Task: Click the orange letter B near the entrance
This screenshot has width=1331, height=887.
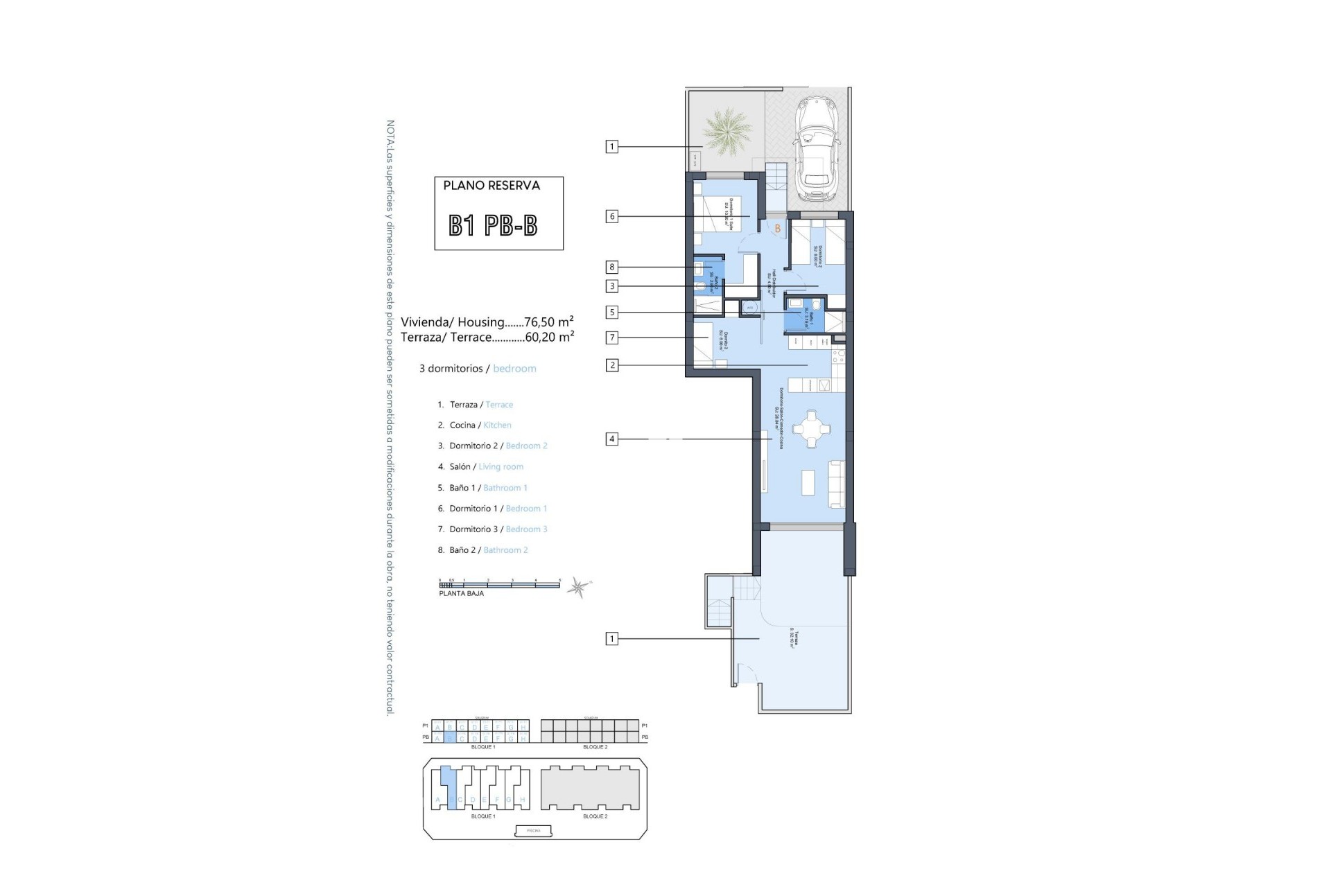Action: point(778,228)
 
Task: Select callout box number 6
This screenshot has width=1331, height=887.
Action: point(611,216)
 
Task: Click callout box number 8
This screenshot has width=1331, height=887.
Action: point(611,267)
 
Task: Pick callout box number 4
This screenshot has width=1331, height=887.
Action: point(611,439)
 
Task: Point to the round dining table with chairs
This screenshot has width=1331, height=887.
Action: point(810,429)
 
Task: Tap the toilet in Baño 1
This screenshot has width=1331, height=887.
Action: point(816,306)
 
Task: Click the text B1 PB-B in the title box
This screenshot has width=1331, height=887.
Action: point(493,225)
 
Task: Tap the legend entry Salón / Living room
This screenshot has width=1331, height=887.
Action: point(486,467)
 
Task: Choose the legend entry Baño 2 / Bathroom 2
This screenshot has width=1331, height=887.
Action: point(488,550)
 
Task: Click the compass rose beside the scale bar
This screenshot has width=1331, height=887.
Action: point(577,588)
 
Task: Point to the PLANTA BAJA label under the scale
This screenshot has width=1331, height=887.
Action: point(461,594)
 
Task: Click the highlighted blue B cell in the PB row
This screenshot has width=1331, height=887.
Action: point(449,739)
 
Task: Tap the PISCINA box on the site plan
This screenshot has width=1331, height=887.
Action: point(534,830)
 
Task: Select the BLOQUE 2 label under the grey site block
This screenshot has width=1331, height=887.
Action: point(595,816)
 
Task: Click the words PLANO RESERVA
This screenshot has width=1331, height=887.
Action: point(491,186)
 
